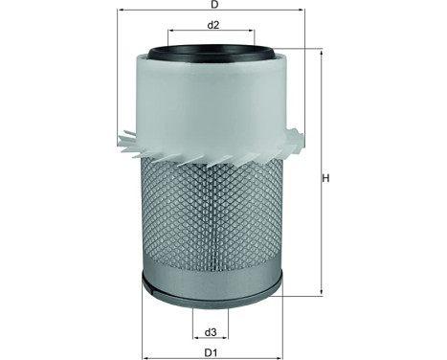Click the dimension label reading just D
click(x=212, y=8)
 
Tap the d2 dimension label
click(x=214, y=24)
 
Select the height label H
click(x=325, y=178)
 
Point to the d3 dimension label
click(x=211, y=332)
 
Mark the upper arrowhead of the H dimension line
click(x=321, y=53)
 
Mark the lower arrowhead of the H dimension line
click(x=321, y=293)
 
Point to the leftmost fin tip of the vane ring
click(x=118, y=141)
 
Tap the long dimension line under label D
click(x=212, y=15)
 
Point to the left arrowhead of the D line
click(x=121, y=15)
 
